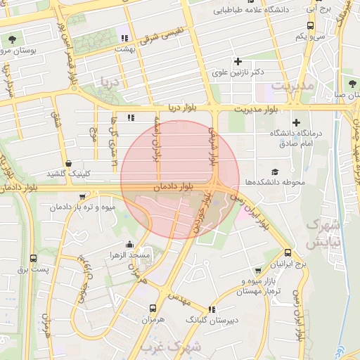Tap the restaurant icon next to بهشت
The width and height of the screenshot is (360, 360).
[x=124, y=38]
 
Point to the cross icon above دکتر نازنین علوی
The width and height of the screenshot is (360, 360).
[x=238, y=61]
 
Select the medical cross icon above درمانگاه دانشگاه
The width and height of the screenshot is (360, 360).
[x=296, y=122]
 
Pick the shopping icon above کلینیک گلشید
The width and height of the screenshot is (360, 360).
[x=67, y=163]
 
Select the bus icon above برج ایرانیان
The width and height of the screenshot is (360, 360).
[x=288, y=253]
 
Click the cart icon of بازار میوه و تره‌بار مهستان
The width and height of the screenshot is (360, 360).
[x=259, y=271]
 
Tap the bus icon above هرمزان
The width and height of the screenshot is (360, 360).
[x=153, y=308]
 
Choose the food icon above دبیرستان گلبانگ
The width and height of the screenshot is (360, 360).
[x=212, y=309]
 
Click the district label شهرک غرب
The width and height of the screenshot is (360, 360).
[x=171, y=347]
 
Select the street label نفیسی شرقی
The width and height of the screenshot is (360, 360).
[x=162, y=34]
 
